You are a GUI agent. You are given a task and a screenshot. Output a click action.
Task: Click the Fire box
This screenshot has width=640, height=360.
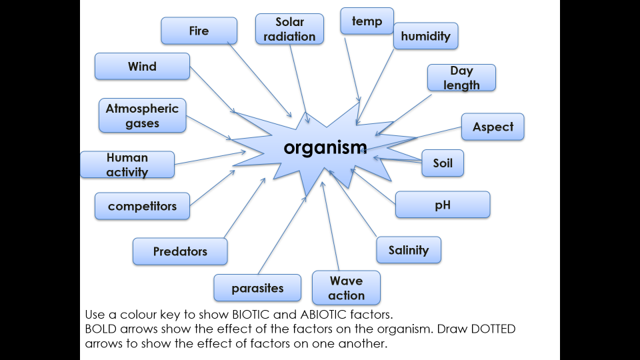coord(199,31)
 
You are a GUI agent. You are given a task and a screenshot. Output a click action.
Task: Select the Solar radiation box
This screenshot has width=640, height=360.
coord(289,30)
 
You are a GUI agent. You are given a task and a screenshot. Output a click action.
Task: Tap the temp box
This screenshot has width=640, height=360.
coord(367,21)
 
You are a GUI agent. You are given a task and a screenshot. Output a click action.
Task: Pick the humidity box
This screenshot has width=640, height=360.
coord(425,36)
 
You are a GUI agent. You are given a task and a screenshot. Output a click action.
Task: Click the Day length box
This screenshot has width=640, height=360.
coord(461,77)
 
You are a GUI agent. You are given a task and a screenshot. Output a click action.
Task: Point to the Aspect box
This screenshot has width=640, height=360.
coord(493,127)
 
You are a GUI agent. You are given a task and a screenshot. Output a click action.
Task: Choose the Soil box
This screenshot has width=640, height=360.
coord(443,163)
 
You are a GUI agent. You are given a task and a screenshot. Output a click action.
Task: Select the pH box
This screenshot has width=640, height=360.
coord(443,205)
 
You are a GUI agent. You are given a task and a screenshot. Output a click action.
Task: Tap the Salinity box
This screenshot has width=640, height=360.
coord(408,250)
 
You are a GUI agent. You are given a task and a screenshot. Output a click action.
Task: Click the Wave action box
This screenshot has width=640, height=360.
coord(346,288)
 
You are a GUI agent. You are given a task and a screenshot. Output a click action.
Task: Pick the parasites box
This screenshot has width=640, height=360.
coord(257,288)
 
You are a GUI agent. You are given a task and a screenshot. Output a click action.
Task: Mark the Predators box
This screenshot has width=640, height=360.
coord(180,251)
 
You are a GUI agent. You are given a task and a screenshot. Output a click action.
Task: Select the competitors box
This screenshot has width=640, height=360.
coord(142,206)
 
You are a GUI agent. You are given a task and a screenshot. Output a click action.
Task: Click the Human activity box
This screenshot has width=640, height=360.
coord(127,165)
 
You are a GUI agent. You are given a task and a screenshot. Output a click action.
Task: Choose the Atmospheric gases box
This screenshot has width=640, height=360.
coord(142,115)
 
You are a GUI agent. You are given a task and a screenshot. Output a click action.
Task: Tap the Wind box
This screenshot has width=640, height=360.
coord(142,66)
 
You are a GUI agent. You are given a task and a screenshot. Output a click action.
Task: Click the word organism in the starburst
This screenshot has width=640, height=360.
coord(325,147)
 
